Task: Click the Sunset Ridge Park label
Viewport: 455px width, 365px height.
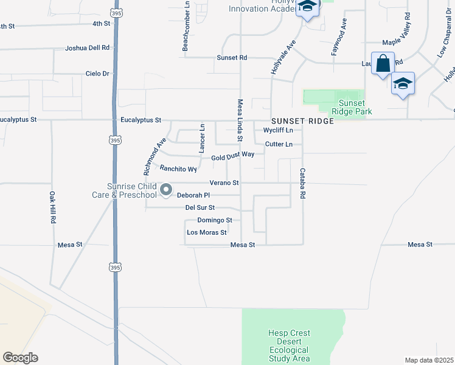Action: [x=352, y=107]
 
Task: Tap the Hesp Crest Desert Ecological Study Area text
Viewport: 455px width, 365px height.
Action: [x=289, y=346]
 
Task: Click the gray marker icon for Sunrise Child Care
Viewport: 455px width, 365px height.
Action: [x=166, y=191]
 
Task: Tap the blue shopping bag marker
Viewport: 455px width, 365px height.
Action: [x=383, y=64]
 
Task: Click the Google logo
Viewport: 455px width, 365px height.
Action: [x=20, y=358]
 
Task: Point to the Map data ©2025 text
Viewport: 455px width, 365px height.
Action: [x=428, y=360]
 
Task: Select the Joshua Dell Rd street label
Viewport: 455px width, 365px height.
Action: [x=88, y=47]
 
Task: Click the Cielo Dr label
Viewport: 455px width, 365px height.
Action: [x=97, y=74]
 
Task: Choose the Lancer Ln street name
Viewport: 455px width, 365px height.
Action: [x=202, y=137]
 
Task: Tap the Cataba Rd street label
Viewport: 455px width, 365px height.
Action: [x=302, y=184]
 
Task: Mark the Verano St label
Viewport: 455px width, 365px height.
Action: [x=224, y=182]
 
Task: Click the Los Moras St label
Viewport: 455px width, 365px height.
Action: [x=207, y=232]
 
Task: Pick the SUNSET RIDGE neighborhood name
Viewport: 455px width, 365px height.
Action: [x=303, y=121]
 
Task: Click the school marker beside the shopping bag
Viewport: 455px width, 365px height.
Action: [x=403, y=83]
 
